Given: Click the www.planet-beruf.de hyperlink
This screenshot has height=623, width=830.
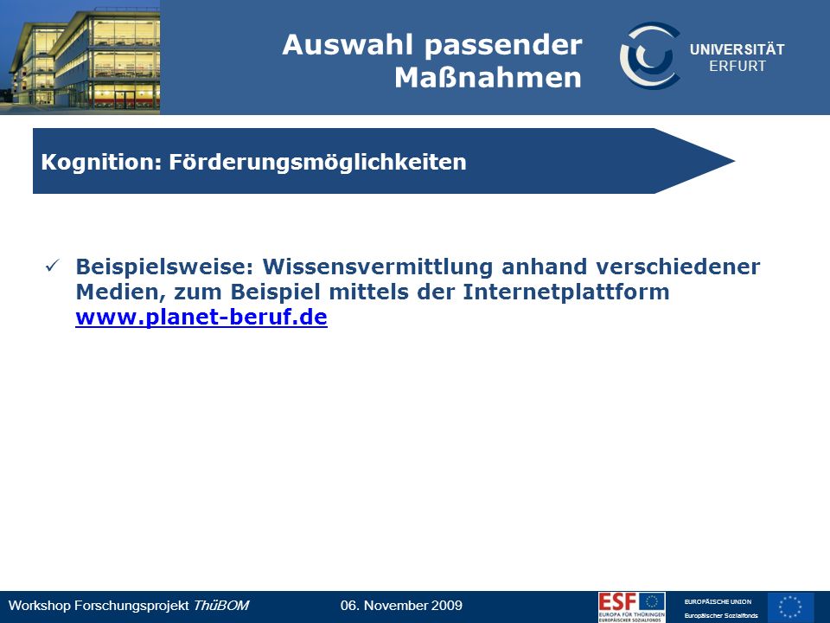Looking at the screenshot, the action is [x=201, y=317].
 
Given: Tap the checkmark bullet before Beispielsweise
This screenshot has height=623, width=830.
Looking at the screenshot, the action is [x=53, y=266].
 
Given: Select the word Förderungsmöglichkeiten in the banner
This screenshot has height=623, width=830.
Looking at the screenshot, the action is [x=317, y=163].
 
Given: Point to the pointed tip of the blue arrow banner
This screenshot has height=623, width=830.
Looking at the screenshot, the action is [x=735, y=161].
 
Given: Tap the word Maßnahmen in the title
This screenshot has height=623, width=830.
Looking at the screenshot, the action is [x=488, y=77].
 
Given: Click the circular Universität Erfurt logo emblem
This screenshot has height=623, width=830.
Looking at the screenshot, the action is [x=650, y=55].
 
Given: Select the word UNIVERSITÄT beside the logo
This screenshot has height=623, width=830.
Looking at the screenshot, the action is [x=737, y=49].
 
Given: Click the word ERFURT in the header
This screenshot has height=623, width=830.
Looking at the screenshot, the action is [x=737, y=67].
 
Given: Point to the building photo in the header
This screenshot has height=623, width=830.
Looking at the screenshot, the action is [x=80, y=57].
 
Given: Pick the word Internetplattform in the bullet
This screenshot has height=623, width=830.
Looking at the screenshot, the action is [x=565, y=292].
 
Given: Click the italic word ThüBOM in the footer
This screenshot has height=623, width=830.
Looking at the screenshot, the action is [x=220, y=606].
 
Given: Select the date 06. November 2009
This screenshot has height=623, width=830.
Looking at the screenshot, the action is [x=401, y=606].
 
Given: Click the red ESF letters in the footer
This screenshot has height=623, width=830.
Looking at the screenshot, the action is [x=617, y=602].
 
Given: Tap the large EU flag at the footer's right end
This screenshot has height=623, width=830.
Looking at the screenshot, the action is [x=791, y=607].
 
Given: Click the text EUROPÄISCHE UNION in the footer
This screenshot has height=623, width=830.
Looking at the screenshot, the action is [x=718, y=602].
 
